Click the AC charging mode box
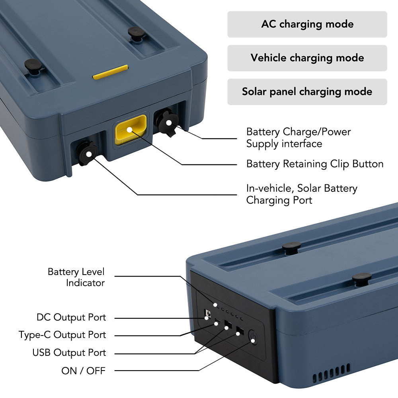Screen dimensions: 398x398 click(307, 24)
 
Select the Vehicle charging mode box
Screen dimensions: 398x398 click(307, 58)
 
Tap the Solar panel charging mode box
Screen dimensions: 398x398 click(307, 92)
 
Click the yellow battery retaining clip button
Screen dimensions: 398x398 click(131, 130)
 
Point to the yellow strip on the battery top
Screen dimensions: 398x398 click(110, 72)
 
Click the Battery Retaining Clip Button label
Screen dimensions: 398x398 click(315, 164)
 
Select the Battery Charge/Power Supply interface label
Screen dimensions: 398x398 click(298, 138)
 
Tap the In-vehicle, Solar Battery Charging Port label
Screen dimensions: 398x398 click(302, 194)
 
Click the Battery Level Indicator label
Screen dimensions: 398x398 click(76, 277)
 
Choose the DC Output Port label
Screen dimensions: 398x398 click(71, 317)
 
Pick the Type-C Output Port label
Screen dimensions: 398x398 click(62, 335)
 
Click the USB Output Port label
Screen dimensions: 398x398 click(69, 353)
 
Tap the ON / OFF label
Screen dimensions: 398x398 click(83, 371)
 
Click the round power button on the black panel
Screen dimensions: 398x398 click(253, 338)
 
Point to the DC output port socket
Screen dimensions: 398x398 click(208, 314)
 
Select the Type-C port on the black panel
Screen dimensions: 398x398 click(217, 320)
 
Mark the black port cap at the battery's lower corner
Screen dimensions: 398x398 click(87, 153)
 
